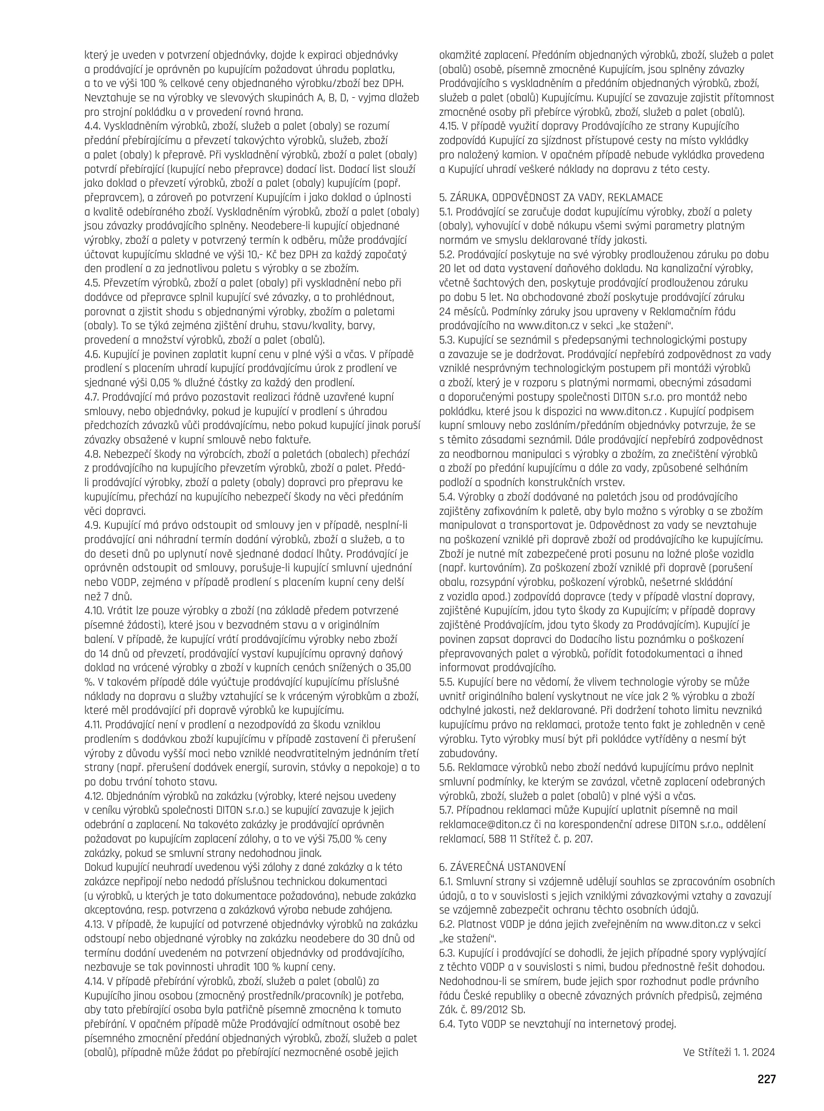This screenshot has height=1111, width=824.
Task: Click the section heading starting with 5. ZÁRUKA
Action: (551, 198)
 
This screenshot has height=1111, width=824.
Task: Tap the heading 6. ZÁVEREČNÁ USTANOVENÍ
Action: (502, 867)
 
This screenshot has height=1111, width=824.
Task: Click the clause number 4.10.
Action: (95, 611)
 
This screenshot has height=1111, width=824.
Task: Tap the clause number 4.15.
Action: (450, 127)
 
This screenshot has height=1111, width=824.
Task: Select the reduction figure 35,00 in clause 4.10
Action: (398, 668)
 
